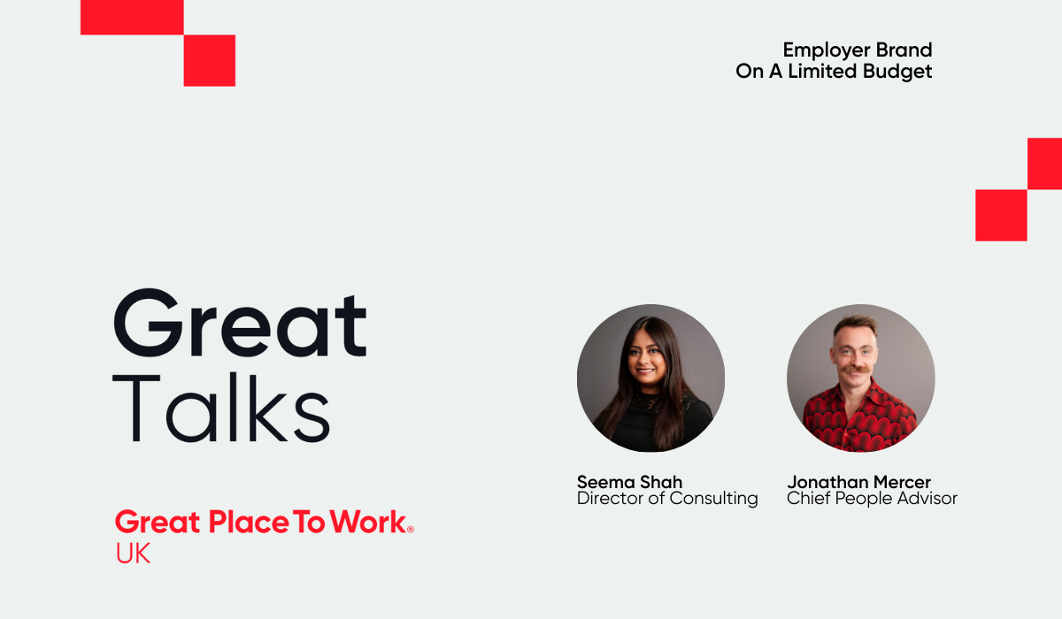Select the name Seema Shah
coord(629,482)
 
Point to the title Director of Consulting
coord(667,499)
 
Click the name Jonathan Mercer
coord(858,482)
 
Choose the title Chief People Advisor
coord(872,499)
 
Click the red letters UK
coord(133,554)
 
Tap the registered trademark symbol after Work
coord(410,528)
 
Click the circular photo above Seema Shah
coord(650,378)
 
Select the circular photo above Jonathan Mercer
coord(860,378)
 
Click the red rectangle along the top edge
coord(132,17)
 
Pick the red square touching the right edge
coord(1045,164)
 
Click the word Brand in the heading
coord(904,50)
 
